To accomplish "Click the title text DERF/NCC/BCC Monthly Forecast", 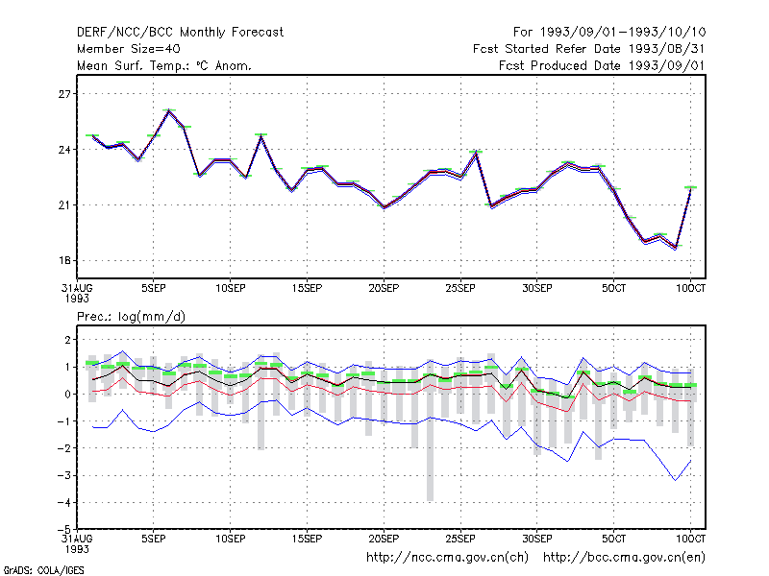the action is click(180, 33).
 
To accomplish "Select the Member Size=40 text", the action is click(129, 49).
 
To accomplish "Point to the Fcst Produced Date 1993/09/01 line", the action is click(602, 65).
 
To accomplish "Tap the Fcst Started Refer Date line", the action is click(588, 49).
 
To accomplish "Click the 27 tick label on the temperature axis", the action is click(64, 94).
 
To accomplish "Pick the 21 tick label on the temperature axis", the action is click(64, 205).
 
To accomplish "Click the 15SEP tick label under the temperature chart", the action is click(307, 288).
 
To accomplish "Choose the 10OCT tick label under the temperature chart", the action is click(690, 288).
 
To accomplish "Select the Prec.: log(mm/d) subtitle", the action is click(131, 317).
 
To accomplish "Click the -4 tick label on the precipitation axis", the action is click(63, 502).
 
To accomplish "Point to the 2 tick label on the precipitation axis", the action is click(67, 340).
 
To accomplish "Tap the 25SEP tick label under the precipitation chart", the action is click(460, 539).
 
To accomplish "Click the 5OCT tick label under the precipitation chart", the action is click(613, 539).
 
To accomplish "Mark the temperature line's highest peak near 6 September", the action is click(169, 110).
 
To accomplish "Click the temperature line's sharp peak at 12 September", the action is click(261, 135).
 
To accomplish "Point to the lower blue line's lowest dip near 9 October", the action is click(676, 480).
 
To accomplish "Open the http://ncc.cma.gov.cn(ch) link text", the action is click(447, 558).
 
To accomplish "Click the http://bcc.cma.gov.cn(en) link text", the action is click(624, 558).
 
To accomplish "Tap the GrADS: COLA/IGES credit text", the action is click(43, 570).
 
